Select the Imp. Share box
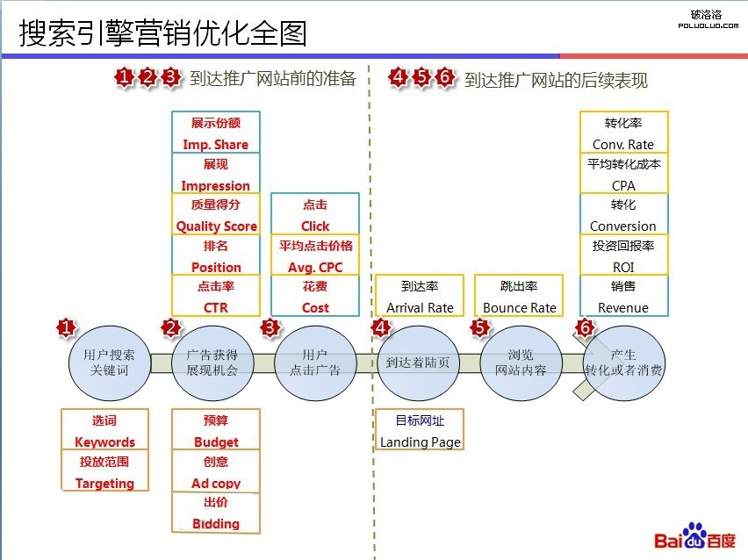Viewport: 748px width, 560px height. (x=216, y=133)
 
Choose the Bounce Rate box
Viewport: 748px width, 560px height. (x=519, y=295)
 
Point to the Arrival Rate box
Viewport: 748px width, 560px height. (x=420, y=295)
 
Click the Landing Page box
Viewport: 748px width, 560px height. (x=420, y=429)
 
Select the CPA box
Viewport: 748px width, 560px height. (x=624, y=173)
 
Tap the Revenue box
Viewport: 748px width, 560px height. (x=624, y=295)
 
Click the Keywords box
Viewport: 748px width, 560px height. (x=105, y=429)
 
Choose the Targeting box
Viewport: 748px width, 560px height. (x=105, y=470)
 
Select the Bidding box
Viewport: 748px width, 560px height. (x=216, y=513)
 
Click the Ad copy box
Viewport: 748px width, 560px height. (x=216, y=471)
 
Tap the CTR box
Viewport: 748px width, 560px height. (x=216, y=295)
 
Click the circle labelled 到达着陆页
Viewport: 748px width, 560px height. (x=418, y=363)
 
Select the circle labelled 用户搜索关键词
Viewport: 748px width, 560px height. (x=110, y=363)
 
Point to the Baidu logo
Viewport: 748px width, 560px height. (x=694, y=536)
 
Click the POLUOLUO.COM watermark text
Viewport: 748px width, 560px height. (x=708, y=25)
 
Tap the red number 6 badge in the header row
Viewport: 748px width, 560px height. (x=444, y=76)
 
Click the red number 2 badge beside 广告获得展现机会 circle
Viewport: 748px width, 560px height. (x=171, y=328)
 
